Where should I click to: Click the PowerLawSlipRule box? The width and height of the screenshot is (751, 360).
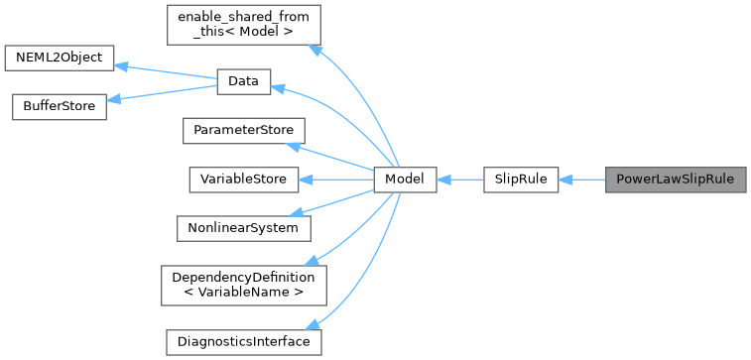675,180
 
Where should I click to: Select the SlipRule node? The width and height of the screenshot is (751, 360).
521,180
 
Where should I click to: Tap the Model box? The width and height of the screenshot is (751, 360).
405,180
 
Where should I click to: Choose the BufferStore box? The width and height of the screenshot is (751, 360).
59,107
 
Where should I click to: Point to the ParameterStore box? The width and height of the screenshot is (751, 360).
243,131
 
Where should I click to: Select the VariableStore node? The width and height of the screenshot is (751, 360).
243,180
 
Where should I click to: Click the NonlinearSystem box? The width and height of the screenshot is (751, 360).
243,227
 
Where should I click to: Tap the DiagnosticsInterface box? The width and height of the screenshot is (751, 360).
243,341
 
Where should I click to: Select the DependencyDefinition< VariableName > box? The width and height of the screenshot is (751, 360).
243,284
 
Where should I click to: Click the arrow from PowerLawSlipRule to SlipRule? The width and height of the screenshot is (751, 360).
582,180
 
